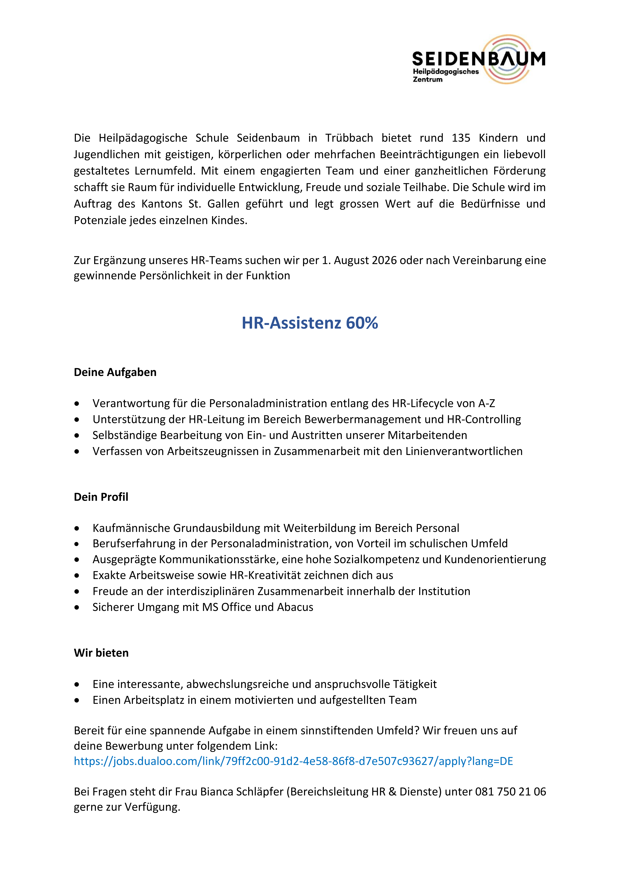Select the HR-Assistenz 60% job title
310,323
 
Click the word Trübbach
349,138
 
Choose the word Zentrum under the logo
428,80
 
